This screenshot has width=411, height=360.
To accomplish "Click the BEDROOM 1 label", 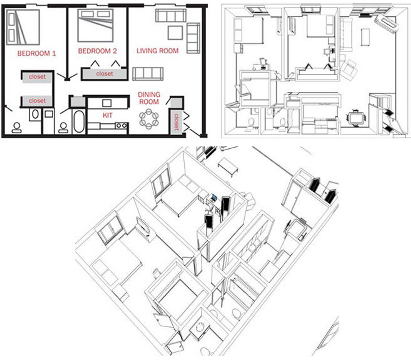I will pos(37,53).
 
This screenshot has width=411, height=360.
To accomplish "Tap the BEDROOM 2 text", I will pos(97,51).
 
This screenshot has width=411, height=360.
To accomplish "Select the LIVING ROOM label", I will pos(157,51).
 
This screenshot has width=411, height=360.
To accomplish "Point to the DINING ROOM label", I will pos(149,98).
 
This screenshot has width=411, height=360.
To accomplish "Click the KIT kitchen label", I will pos(107,115).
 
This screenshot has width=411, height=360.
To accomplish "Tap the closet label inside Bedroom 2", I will pos(104,74).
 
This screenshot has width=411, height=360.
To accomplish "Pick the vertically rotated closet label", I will pos(176,122).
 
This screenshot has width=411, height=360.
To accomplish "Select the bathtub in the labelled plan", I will pos(79,122).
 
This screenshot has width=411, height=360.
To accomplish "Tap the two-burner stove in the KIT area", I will pos(121,126).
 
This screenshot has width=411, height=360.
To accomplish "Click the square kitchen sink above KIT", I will pos(107,103).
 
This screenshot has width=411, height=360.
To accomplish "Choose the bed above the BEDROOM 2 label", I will pos(95,25).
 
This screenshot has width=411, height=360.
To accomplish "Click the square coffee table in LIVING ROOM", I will pos(175,33).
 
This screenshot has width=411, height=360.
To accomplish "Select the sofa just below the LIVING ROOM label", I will pos(147,73).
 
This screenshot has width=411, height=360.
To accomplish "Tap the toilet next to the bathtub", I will pos(63,128).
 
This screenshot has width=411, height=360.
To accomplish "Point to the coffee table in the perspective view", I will pos(228,164).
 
